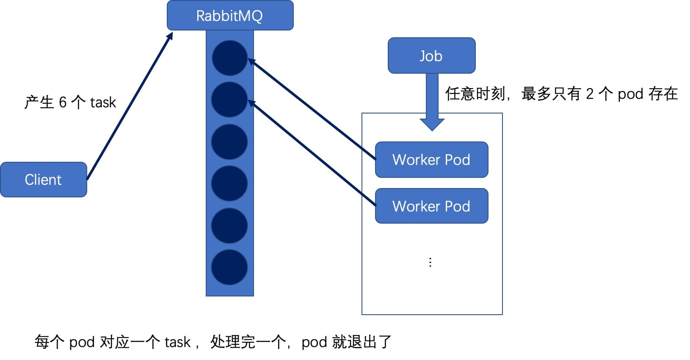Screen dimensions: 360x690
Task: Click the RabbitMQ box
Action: [x=230, y=15]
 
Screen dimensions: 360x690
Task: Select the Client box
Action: [x=43, y=180]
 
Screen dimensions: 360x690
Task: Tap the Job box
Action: [x=431, y=55]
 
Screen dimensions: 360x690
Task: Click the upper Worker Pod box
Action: [x=431, y=160]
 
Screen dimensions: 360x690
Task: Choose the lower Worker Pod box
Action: [x=431, y=206]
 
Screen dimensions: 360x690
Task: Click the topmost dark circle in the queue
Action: [x=229, y=58]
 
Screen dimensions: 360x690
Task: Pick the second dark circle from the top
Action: [x=229, y=100]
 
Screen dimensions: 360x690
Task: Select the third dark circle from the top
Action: [x=229, y=142]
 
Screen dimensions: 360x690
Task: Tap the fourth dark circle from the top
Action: [x=229, y=183]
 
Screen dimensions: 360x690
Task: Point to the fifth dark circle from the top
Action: [x=229, y=225]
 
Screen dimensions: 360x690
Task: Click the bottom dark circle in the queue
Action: [x=229, y=267]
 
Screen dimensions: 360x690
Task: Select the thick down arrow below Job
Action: [x=432, y=102]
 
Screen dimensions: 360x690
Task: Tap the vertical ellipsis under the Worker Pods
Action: [x=430, y=262]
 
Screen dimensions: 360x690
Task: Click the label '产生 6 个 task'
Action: [x=70, y=102]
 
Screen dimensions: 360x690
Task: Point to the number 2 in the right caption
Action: [x=590, y=94]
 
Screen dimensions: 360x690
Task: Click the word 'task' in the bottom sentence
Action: [x=177, y=342]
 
